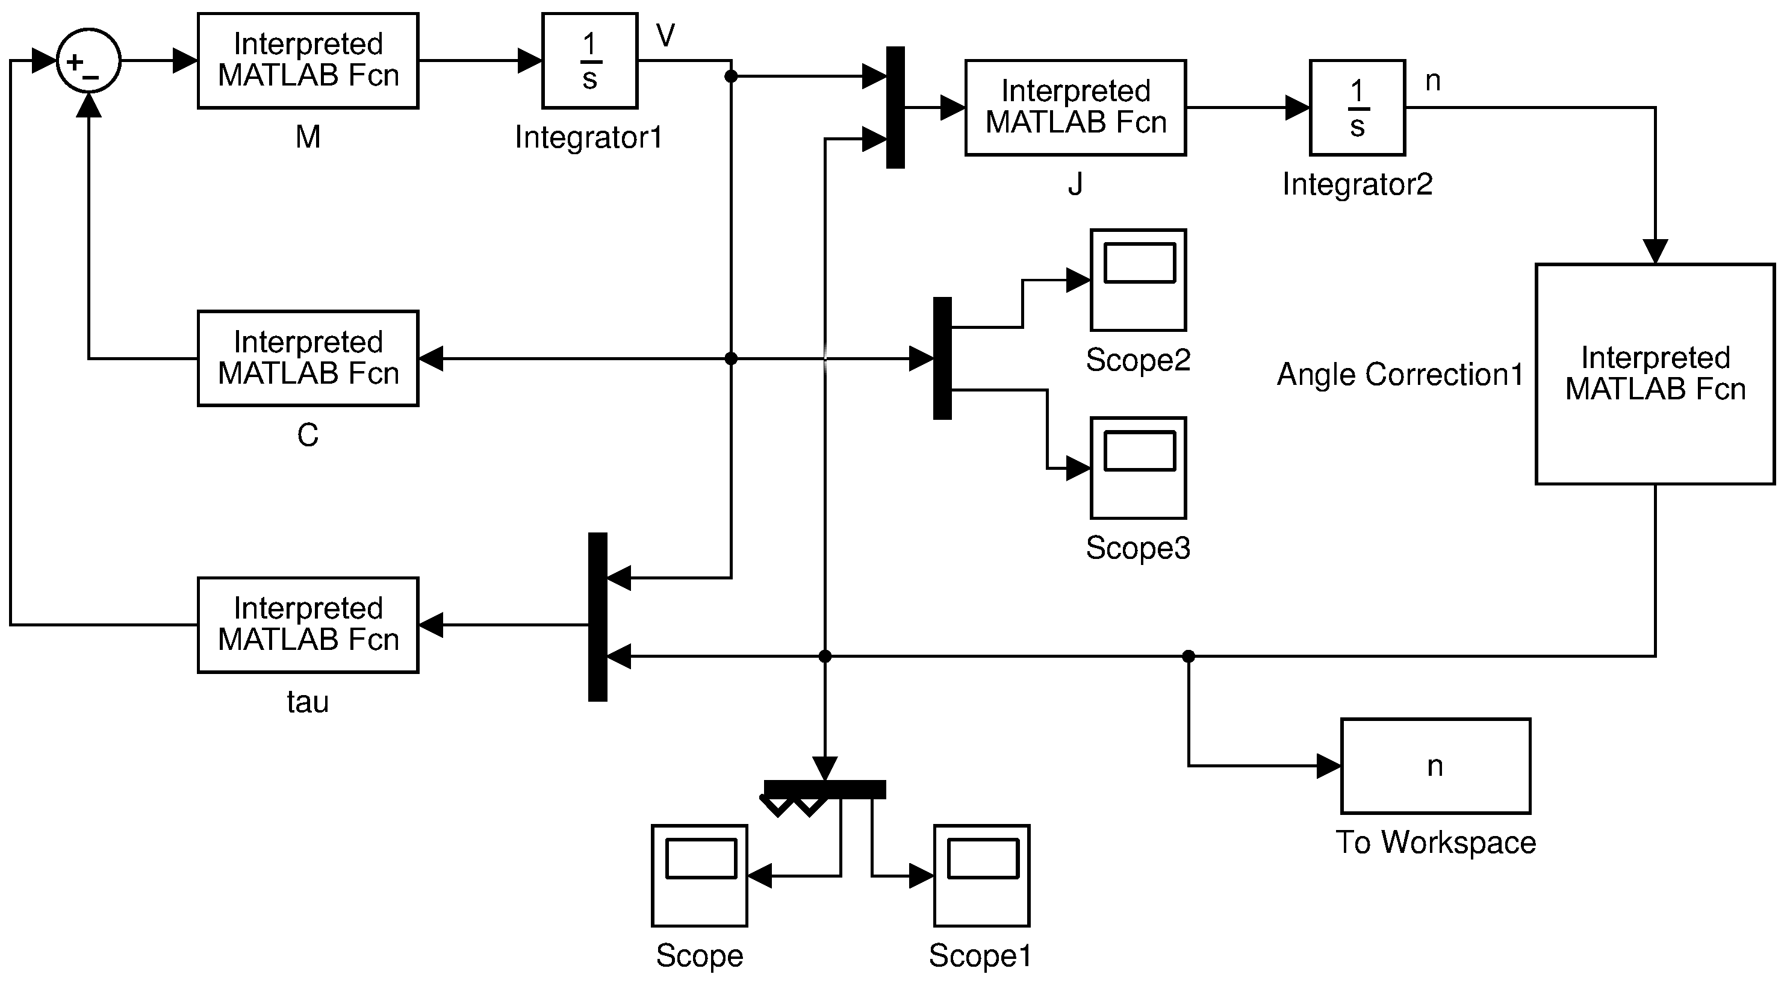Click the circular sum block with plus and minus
click(89, 60)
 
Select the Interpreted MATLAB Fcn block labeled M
click(308, 60)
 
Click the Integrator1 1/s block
click(589, 60)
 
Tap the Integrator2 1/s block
click(1356, 108)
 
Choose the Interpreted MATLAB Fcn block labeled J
click(1075, 108)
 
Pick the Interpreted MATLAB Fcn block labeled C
click(308, 358)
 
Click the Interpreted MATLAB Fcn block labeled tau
click(308, 625)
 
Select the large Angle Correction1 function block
click(1655, 373)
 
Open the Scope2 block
click(1137, 280)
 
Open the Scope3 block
click(1137, 468)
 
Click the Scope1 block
click(981, 875)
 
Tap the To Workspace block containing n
click(1435, 766)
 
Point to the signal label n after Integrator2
click(1432, 81)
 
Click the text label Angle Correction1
click(1399, 375)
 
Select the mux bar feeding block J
click(895, 108)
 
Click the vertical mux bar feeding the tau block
click(598, 617)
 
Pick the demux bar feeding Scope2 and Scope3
click(942, 358)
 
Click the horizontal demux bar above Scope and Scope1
click(825, 789)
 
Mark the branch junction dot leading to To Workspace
click(1189, 656)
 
